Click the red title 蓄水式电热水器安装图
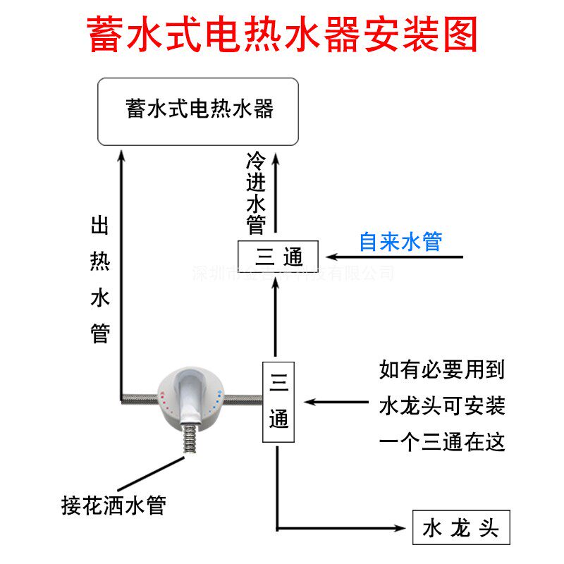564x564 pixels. [282, 33]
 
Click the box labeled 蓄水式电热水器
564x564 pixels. [198, 111]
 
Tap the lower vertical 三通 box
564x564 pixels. [278, 402]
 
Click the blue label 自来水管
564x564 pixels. [400, 242]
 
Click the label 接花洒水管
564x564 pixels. [114, 505]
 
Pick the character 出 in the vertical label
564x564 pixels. [101, 227]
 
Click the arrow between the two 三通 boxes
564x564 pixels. [278, 317]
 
